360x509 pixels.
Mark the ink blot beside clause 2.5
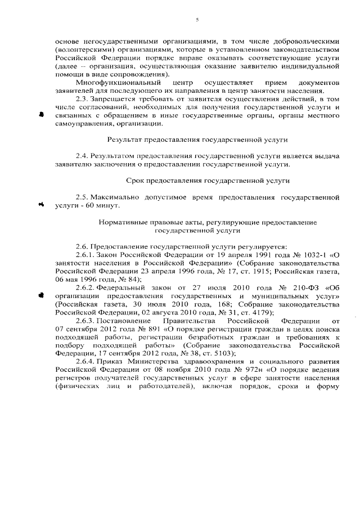pyautogui.click(x=40, y=205)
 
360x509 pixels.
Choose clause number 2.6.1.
pyautogui.click(x=85, y=255)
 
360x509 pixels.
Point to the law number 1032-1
pyautogui.click(x=315, y=255)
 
